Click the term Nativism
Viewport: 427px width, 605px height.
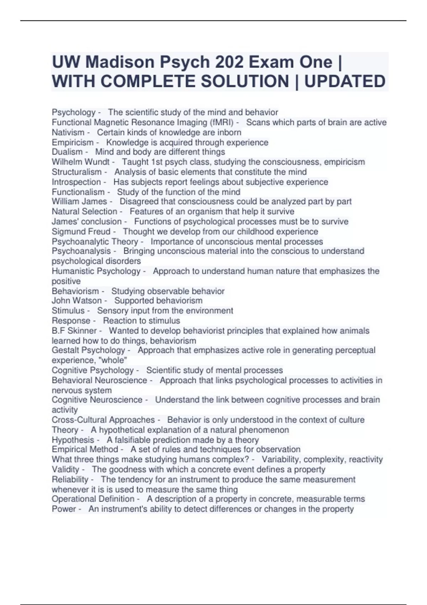pyautogui.click(x=68, y=132)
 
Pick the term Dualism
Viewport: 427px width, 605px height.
pyautogui.click(x=67, y=152)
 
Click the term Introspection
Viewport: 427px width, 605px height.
pyautogui.click(x=76, y=182)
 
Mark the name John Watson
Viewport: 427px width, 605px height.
pyautogui.click(x=77, y=301)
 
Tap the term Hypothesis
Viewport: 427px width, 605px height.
pyautogui.click(x=73, y=440)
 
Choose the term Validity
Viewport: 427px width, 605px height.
pyautogui.click(x=65, y=469)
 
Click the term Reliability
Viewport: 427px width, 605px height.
pyautogui.click(x=70, y=479)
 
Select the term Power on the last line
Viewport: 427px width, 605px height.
pyautogui.click(x=64, y=509)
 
